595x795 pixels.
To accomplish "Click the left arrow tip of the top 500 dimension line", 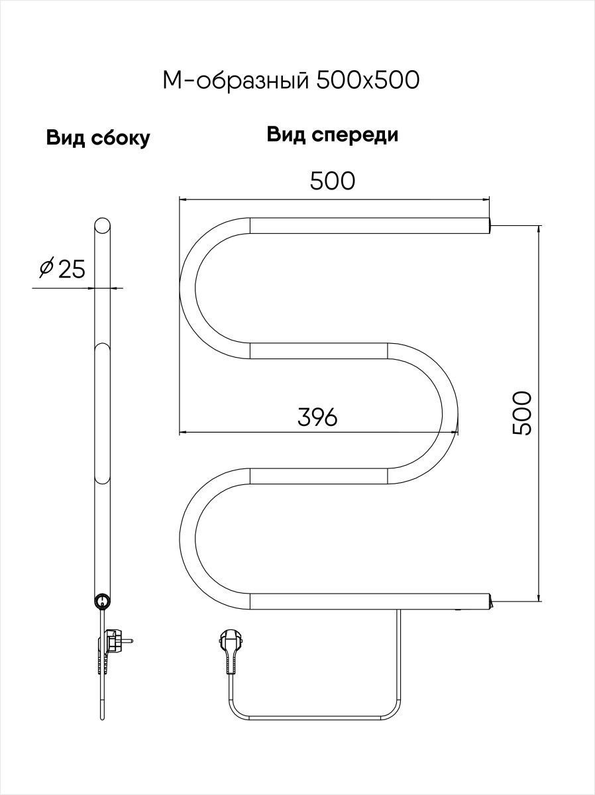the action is [x=180, y=199].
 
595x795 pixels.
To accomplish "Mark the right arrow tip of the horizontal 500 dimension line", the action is [x=490, y=199].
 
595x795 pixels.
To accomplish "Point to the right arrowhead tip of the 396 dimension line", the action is [x=458, y=432].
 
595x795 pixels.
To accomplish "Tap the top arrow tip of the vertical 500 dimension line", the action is [x=539, y=226].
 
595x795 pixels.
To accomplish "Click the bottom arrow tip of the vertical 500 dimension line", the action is [x=539, y=602].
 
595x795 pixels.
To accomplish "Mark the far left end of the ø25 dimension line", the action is [x=32, y=288].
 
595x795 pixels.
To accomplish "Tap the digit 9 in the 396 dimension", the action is [x=317, y=417].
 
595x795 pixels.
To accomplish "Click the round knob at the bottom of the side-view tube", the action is [x=103, y=602].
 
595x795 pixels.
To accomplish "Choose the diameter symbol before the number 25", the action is [x=46, y=268].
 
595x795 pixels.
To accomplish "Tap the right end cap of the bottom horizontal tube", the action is [x=490, y=602].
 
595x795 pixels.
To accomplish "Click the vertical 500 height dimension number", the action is [x=522, y=413].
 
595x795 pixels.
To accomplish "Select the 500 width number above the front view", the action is [x=333, y=181].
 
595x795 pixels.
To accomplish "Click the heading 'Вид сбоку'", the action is [x=98, y=138].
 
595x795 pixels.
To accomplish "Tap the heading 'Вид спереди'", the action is [x=333, y=134].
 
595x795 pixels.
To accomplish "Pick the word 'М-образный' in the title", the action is [x=236, y=80].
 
